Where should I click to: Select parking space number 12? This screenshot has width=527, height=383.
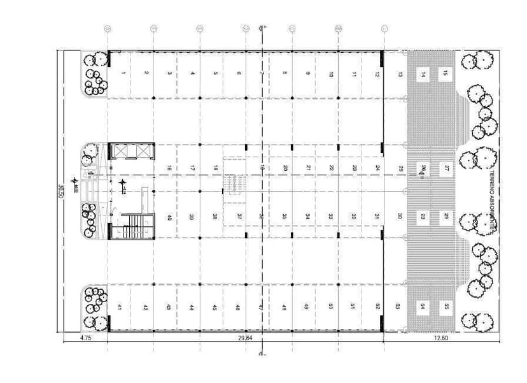click(x=377, y=75)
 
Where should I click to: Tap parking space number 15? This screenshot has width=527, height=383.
click(x=446, y=74)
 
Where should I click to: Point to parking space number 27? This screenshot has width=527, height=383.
click(x=446, y=168)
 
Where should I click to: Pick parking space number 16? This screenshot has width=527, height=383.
click(x=169, y=168)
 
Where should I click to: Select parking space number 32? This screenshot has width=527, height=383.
click(x=354, y=217)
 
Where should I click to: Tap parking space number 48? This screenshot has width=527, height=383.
click(x=284, y=307)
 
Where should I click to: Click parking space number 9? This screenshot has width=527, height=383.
click(x=307, y=74)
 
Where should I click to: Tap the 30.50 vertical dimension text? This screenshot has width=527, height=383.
click(x=60, y=192)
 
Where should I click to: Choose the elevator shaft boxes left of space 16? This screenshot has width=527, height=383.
click(x=132, y=152)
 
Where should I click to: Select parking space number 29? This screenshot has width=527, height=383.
click(x=423, y=217)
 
